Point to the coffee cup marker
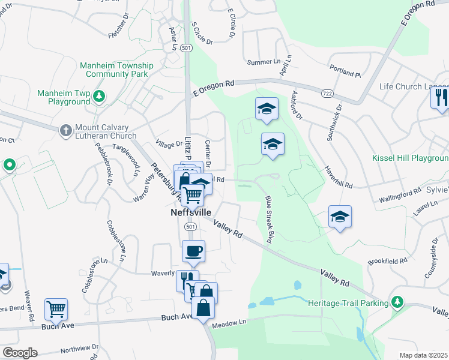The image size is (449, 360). coord(193,251)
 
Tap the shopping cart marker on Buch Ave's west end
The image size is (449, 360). coord(56,309)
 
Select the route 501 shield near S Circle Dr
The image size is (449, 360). coord(187,48)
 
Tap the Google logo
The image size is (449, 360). coord(20,352)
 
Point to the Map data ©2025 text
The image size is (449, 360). coord(423,355)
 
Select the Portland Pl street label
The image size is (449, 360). coord(345,72)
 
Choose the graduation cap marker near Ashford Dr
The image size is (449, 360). coord(267,109)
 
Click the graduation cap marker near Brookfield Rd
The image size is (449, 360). coord(340,217)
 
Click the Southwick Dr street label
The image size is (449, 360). coord(334,122)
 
